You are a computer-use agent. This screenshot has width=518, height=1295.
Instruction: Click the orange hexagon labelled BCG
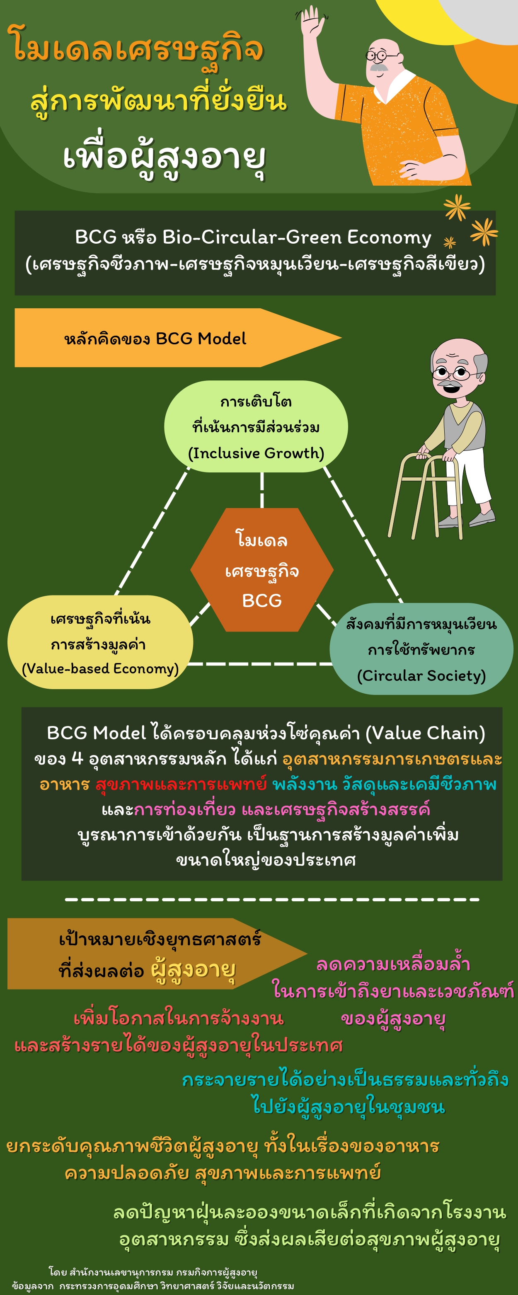point(262,569)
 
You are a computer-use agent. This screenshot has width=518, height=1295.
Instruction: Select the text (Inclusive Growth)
point(256,453)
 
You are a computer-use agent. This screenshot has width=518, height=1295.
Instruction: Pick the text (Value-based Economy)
point(100,668)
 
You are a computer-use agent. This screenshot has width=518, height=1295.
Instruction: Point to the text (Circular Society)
point(421,675)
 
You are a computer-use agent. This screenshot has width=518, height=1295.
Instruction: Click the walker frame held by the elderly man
point(425,495)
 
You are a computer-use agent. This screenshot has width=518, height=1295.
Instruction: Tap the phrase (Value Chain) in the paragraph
point(425,733)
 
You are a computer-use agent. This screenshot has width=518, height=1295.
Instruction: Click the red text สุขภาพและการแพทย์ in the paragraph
point(181,784)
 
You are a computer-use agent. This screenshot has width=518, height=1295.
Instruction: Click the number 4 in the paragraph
point(77,758)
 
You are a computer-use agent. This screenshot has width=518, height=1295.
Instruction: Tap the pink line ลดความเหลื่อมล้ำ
point(393,963)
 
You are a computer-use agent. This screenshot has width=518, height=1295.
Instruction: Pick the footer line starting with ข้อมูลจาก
point(153,1285)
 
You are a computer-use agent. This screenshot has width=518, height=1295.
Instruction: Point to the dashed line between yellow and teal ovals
point(259,664)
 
